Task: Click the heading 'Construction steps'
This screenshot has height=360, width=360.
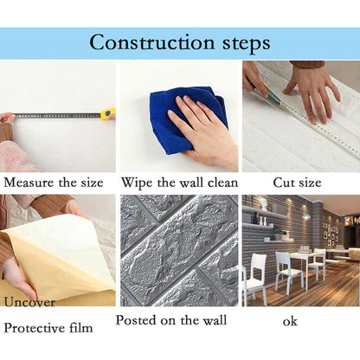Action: point(180,42)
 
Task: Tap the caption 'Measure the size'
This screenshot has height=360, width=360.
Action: point(53,183)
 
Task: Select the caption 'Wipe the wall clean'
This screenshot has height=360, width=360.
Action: point(180,183)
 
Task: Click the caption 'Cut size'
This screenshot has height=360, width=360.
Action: point(297,183)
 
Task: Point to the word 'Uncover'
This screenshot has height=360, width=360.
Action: point(29,302)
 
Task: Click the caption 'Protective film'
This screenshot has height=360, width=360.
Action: point(50,328)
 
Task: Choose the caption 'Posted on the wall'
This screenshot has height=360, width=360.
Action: point(171,320)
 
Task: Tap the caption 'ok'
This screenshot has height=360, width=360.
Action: point(290,321)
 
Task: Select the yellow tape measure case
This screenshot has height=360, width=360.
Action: point(107,113)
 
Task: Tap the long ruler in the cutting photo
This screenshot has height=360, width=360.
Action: point(303,121)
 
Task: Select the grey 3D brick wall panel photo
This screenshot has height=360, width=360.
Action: point(179,251)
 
